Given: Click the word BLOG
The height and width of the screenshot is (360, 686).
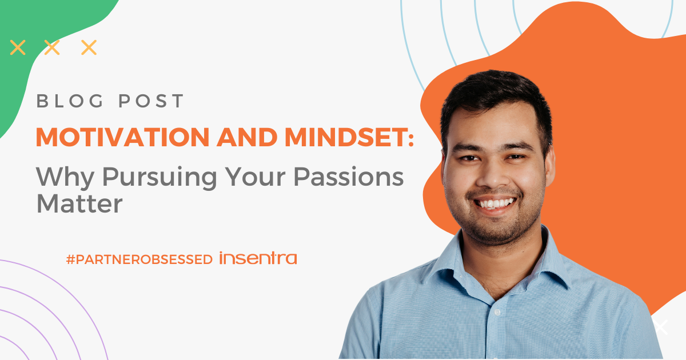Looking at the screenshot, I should (67, 101).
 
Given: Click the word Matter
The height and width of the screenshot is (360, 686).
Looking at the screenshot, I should (79, 204).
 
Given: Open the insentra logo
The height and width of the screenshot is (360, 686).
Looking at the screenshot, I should (258, 258).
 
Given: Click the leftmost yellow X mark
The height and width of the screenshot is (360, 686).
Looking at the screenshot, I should (18, 47).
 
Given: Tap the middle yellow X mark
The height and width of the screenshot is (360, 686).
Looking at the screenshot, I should (52, 47).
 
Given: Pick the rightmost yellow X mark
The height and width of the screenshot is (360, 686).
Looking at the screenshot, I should (89, 47).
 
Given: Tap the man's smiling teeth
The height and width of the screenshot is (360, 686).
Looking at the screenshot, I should (496, 203).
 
